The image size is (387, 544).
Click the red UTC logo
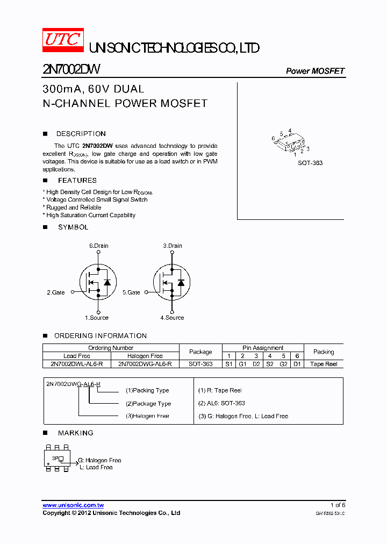(x=63, y=40)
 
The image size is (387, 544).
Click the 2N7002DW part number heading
(x=70, y=70)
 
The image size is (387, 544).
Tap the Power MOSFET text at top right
(x=315, y=71)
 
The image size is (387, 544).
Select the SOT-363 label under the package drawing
(x=310, y=163)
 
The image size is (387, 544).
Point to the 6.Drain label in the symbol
(x=99, y=246)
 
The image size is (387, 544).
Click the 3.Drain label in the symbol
(x=173, y=246)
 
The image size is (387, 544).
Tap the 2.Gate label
(x=55, y=292)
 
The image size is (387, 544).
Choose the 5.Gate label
(x=131, y=292)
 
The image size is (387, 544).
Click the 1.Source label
(x=97, y=318)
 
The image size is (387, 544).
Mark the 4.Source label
(x=172, y=318)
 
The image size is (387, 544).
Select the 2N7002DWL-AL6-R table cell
(x=77, y=364)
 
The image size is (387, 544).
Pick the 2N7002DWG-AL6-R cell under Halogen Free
(x=145, y=364)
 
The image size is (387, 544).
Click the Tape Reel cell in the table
(x=324, y=364)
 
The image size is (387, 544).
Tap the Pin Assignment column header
(x=263, y=348)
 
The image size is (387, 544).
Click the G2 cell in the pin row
(x=283, y=364)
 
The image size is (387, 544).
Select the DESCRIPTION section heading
(x=81, y=134)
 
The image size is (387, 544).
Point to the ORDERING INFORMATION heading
(x=101, y=336)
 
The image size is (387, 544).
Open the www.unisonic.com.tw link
(x=73, y=505)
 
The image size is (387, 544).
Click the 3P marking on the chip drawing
(x=55, y=458)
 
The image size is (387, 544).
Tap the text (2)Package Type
(x=148, y=404)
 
